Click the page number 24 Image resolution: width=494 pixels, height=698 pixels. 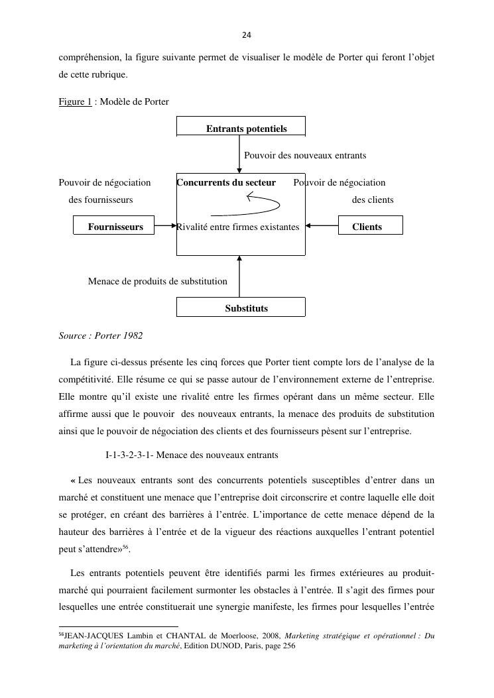coord(247,35)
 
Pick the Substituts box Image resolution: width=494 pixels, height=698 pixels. coord(241,308)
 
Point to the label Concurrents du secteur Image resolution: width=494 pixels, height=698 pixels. coord(227,182)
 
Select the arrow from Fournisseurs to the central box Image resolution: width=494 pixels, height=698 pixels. coord(164,226)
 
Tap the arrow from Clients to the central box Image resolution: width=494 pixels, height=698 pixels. coord(322,226)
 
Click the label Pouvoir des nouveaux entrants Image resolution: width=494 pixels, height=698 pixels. coord(305,155)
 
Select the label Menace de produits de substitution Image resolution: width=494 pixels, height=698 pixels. coord(158,281)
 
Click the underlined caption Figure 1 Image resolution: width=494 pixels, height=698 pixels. coord(75,101)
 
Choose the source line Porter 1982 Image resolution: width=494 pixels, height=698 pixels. coord(101,335)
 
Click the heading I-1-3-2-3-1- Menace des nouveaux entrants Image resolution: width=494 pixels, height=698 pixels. coord(192,455)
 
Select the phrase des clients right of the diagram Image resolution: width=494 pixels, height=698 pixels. coord(373,200)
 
